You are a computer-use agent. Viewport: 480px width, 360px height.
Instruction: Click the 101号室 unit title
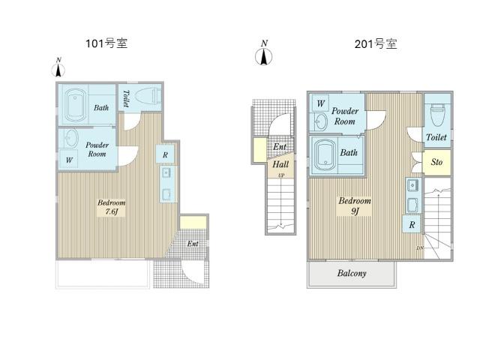pyautogui.click(x=106, y=43)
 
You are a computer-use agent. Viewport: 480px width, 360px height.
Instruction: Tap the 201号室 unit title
pyautogui.click(x=376, y=43)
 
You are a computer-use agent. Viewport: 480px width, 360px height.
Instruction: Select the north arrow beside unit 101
pyautogui.click(x=58, y=67)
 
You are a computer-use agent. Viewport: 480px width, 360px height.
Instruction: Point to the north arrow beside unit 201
pyautogui.click(x=264, y=52)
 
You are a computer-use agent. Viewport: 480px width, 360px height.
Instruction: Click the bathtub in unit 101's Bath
pyautogui.click(x=75, y=105)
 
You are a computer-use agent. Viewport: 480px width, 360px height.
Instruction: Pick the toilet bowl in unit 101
pyautogui.click(x=148, y=95)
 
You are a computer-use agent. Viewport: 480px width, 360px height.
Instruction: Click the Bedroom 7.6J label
pyautogui.click(x=111, y=207)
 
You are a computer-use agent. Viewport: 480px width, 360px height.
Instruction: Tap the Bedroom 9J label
pyautogui.click(x=355, y=205)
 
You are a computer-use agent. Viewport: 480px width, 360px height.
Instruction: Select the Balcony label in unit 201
pyautogui.click(x=352, y=273)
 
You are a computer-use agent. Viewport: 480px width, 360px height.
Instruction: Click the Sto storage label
pyautogui.click(x=436, y=162)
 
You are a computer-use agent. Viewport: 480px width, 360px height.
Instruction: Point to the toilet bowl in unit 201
pyautogui.click(x=437, y=114)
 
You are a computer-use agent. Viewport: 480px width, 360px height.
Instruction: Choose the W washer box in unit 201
pyautogui.click(x=320, y=103)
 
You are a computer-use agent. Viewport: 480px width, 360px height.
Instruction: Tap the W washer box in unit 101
pyautogui.click(x=69, y=160)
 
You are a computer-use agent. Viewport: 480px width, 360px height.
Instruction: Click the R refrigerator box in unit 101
pyautogui.click(x=165, y=154)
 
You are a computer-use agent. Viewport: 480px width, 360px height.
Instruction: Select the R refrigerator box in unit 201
pyautogui.click(x=412, y=225)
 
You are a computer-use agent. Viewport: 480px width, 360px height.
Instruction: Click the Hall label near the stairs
pyautogui.click(x=280, y=164)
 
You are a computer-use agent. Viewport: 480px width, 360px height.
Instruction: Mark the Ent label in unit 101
pyautogui.click(x=193, y=244)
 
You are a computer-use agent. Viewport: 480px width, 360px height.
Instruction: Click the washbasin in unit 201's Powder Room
pyautogui.click(x=320, y=122)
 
